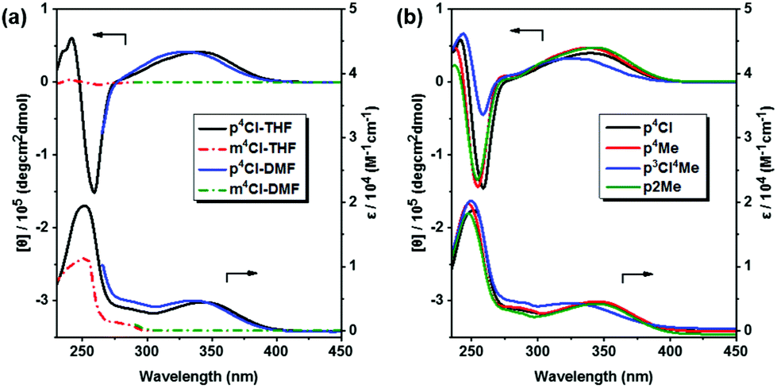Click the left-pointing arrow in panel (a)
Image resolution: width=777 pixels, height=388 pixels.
(x=110, y=36)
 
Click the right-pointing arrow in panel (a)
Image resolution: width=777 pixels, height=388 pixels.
(x=242, y=274)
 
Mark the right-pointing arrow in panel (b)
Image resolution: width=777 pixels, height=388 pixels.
(x=637, y=274)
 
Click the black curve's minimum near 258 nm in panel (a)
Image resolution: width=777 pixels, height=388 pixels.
(x=94, y=192)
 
